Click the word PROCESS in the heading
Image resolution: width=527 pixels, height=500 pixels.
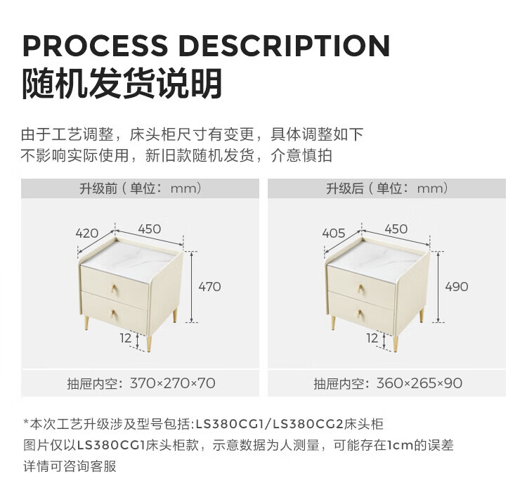tap(95, 46)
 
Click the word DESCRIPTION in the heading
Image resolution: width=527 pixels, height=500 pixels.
tap(285, 46)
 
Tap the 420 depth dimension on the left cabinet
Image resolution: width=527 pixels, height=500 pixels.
tap(87, 233)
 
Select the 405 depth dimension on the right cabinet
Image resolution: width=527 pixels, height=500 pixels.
tap(333, 233)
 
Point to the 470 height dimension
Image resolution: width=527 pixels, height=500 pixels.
tap(209, 287)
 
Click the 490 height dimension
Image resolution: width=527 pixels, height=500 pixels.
tap(457, 287)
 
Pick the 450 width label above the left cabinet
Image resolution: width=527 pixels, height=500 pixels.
tap(150, 229)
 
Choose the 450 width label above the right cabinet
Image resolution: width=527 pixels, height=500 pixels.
tap(396, 229)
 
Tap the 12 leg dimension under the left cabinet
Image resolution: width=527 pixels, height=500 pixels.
tap(126, 338)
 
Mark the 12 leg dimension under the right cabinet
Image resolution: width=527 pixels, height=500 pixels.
tap(372, 338)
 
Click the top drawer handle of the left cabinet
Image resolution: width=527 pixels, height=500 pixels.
tap(115, 289)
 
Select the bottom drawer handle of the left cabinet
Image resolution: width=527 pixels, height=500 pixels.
tap(114, 315)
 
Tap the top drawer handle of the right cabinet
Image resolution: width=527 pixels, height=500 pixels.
tap(361, 289)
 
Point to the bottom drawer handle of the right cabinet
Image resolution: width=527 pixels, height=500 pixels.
tap(360, 315)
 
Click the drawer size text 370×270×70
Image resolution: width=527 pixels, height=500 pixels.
tap(173, 383)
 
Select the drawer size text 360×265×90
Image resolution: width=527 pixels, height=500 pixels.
tap(419, 383)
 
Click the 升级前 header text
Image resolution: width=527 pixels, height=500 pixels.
tap(98, 188)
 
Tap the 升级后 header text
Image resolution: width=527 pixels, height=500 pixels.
tap(345, 188)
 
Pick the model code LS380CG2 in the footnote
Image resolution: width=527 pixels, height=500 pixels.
tap(308, 424)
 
